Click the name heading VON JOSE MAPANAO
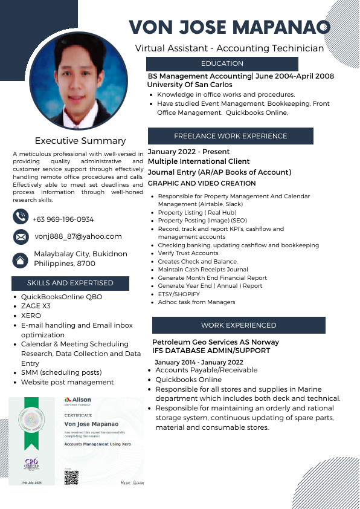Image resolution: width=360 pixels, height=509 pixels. point(230,27)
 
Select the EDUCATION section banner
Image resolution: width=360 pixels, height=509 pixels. point(222,64)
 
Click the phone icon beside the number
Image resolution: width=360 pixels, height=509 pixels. point(21,216)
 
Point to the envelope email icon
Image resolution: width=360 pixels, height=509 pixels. point(21,237)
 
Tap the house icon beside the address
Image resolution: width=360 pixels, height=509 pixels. point(21,259)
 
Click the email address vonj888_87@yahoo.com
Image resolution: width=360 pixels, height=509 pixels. point(78,237)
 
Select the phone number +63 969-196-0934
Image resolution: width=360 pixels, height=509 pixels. point(63,219)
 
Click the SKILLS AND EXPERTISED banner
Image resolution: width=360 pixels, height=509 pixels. point(70,283)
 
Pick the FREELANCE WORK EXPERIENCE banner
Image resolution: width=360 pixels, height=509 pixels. point(230,136)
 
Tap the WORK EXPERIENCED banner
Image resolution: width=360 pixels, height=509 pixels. point(239,325)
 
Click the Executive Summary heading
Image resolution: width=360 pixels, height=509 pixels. point(80,141)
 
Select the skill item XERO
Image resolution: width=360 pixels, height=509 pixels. point(31,316)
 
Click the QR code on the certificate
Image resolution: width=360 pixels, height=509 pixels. point(71,477)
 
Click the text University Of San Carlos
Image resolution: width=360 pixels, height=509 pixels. point(190,85)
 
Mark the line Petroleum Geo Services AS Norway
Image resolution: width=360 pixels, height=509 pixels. point(215,342)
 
